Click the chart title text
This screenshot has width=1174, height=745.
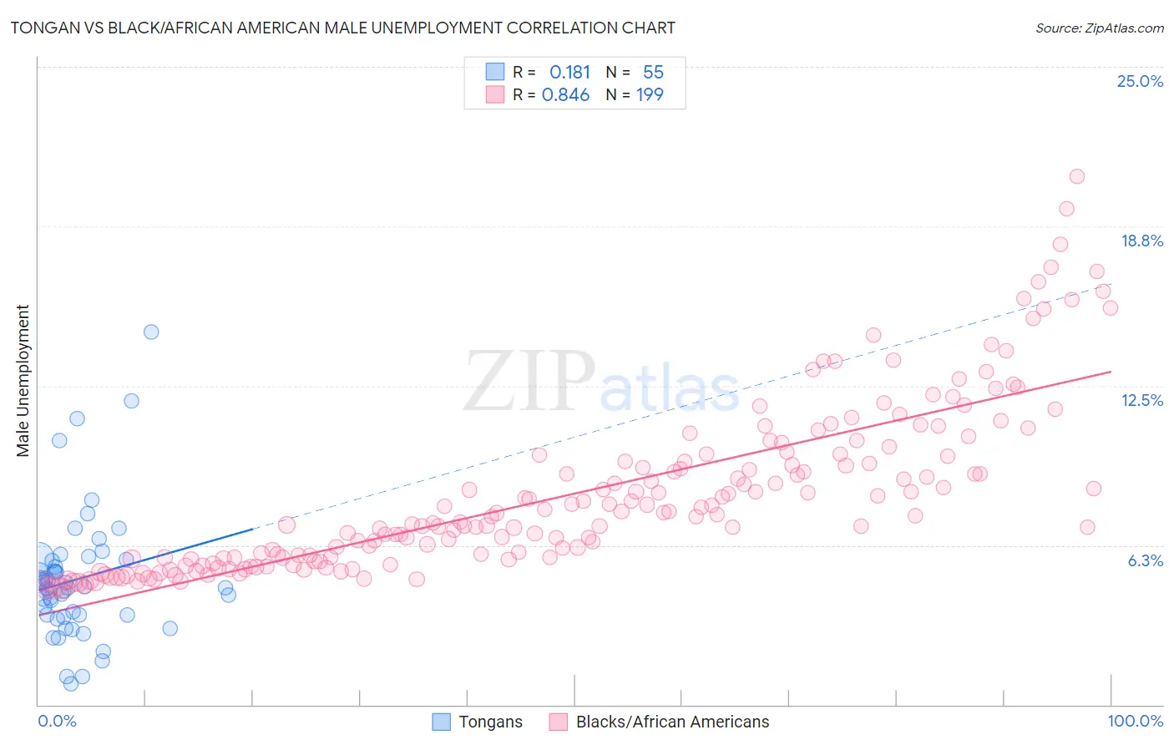coord(342,28)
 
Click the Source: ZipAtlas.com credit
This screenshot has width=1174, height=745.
coord(1099,28)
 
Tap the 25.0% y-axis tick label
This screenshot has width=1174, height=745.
coord(1140,81)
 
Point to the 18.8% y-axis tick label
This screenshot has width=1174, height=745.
coord(1141,241)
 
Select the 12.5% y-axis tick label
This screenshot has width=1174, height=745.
coord(1141,400)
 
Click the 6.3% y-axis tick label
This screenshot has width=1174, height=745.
coord(1145,560)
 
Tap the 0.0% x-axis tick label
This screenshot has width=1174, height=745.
coord(57,721)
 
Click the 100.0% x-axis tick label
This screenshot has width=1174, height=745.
coord(1135,721)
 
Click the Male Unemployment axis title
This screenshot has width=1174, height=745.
coord(23,381)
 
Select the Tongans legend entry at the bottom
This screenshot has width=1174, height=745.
coord(478,722)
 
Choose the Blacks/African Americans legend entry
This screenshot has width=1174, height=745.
coord(660,722)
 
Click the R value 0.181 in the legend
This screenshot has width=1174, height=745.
coord(569,73)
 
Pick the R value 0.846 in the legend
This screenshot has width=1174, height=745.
coord(565,95)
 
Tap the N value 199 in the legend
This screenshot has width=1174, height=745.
coord(650,95)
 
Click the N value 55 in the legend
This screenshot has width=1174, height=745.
coord(653,73)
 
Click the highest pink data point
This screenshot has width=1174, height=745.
coord(1076,176)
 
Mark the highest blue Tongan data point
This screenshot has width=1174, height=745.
coord(151,332)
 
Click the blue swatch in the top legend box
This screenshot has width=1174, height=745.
coord(495,72)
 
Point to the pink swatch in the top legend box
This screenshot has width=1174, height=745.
coord(495,94)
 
